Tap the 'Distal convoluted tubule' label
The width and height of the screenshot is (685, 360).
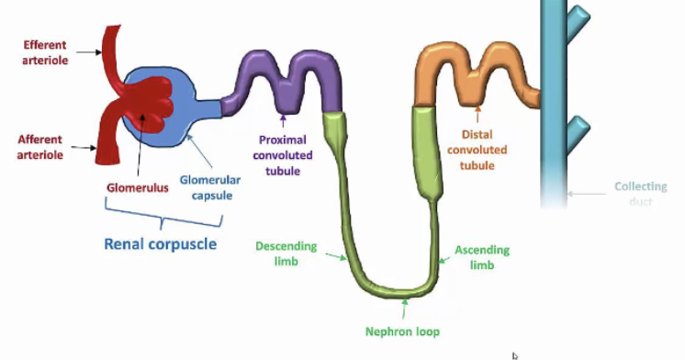(477, 151)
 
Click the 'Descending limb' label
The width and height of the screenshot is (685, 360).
(286, 252)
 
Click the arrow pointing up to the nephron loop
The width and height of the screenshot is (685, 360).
(405, 309)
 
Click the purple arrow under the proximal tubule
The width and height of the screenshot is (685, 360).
(284, 118)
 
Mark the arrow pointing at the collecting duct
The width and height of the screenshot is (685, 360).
(588, 194)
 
